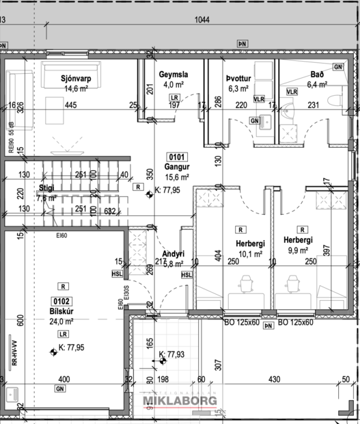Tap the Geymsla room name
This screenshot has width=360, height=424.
pos(174,75)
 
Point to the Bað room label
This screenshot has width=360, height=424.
pos(316,75)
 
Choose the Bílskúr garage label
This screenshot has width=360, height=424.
pos(62,311)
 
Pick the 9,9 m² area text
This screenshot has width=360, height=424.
pos(299,251)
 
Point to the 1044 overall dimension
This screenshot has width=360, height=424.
pos(202,21)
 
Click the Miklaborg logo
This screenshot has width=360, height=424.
pos(179,401)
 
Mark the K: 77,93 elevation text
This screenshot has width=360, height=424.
pos(173,354)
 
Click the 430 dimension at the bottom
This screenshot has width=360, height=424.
pos(274,380)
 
